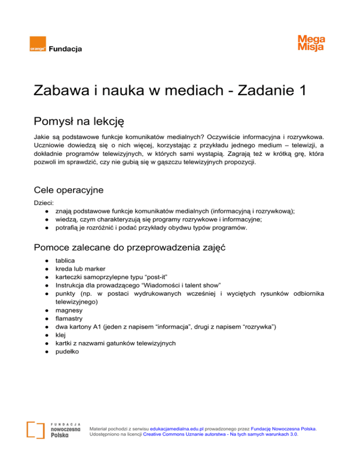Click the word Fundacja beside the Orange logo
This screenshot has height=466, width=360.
(66, 48)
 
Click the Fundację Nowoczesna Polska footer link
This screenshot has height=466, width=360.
(284, 428)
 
